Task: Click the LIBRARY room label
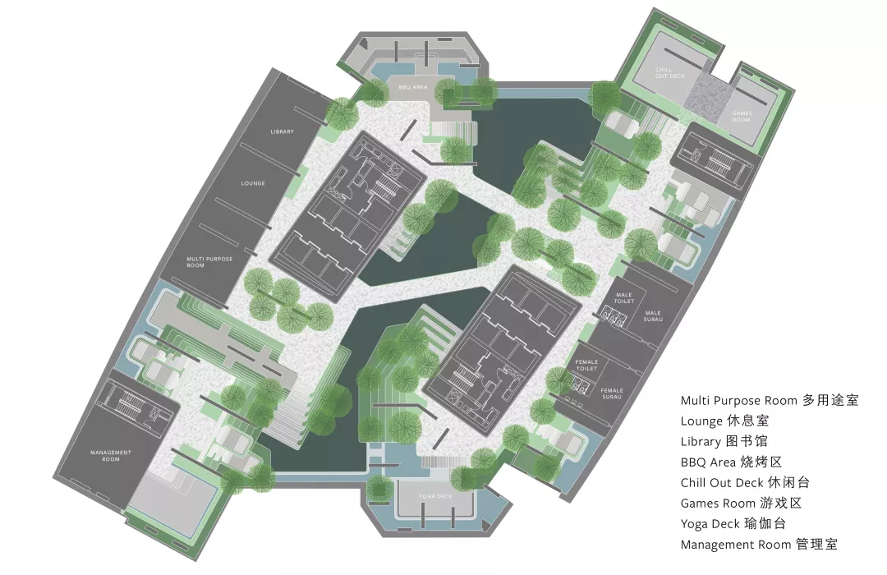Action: (x=282, y=131)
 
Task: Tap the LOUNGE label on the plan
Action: (x=254, y=183)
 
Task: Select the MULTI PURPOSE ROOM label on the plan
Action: (x=209, y=262)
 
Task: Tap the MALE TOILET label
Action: (x=624, y=299)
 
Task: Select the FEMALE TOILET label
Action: (x=586, y=365)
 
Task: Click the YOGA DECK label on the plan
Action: (x=434, y=496)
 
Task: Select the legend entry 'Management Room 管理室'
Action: (x=759, y=545)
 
